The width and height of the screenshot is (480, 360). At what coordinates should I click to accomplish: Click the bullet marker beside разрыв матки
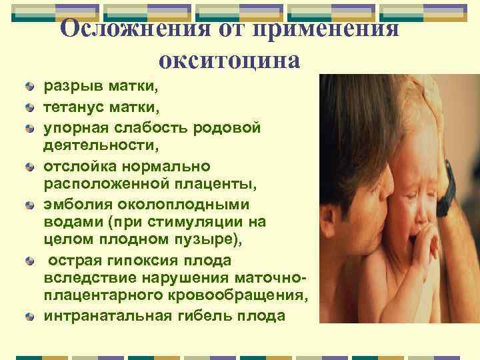point(30,87)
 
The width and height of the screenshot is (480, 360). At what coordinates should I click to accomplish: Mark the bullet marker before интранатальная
point(30,315)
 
